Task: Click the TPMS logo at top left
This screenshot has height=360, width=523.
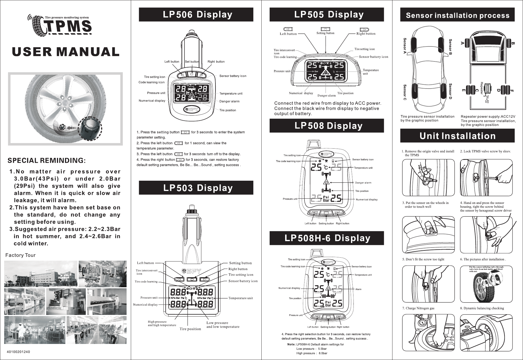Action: point(61,26)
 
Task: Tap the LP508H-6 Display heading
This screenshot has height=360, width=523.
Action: point(327,238)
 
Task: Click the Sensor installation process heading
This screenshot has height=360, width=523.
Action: point(457,15)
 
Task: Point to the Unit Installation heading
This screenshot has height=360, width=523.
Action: point(457,136)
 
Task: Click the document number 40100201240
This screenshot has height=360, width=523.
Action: point(18,352)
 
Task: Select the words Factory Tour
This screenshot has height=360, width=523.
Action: point(20,255)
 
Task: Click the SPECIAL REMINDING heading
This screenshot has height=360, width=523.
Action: point(46,161)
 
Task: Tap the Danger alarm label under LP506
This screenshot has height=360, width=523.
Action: point(229,101)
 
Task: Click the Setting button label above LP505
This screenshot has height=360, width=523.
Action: point(325,33)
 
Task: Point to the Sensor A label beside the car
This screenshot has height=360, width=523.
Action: point(405,46)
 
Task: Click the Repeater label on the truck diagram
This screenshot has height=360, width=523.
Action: point(482,88)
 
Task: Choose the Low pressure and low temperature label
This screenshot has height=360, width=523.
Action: point(223,325)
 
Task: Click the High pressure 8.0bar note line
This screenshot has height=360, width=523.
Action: point(312,353)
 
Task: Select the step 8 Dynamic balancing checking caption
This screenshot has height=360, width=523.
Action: point(482,308)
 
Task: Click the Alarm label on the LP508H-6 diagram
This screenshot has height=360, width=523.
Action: point(358,289)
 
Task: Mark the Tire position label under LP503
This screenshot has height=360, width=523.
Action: point(190,329)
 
